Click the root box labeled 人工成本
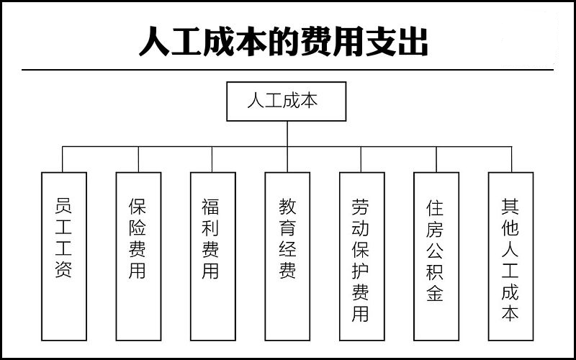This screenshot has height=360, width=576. tap(286, 102)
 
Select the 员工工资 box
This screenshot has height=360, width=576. tap(64, 256)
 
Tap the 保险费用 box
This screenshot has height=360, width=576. tap(138, 256)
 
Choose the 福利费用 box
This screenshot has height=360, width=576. tap(213, 256)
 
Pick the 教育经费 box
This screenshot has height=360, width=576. tap(287, 256)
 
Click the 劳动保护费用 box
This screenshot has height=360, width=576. tap(362, 256)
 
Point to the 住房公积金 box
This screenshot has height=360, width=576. tap(436, 256)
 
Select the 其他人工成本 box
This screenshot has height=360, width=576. tap(511, 256)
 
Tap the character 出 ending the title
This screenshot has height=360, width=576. tap(413, 41)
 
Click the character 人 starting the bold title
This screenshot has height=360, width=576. tap(154, 41)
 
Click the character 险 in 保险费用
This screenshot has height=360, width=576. tap(138, 228)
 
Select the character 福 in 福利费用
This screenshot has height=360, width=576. tap(210, 207)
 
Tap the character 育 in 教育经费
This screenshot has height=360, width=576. tap(287, 228)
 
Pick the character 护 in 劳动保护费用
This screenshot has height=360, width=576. tap(361, 271)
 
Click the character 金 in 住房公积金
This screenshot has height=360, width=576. tap(435, 293)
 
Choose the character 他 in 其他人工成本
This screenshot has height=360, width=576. tap(510, 228)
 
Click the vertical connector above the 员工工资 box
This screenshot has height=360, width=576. tap(63, 159)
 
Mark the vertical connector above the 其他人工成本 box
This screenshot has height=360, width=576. tap(512, 159)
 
